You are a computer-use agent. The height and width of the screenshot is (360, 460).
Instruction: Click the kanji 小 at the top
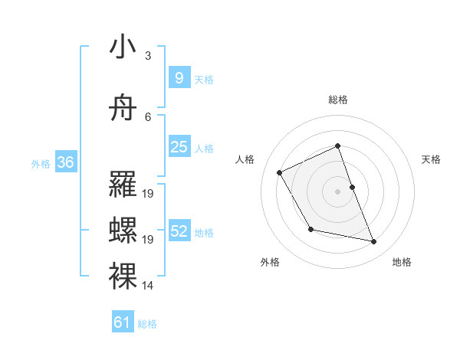tap(123, 47)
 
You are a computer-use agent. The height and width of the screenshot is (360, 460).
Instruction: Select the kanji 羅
tap(123, 185)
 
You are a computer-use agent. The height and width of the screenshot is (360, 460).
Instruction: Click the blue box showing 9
tap(179, 78)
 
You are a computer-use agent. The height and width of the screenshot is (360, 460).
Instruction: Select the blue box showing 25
tap(179, 147)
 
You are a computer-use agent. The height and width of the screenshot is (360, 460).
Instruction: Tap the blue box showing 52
tap(179, 231)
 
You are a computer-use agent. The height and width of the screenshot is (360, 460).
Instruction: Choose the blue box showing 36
tap(65, 162)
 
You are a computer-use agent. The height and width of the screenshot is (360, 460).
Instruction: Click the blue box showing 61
tap(123, 322)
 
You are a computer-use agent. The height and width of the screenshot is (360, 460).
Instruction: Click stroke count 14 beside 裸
tap(148, 286)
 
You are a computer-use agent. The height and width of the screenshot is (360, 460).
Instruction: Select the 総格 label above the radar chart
tap(337, 100)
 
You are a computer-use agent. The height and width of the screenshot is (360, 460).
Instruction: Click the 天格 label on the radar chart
tap(431, 159)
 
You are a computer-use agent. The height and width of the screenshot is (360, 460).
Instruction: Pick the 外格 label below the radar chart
tap(270, 262)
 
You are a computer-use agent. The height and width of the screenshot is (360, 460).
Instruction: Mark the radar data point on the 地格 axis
tap(374, 242)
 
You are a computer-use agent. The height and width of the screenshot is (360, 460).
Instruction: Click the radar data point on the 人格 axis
tap(280, 172)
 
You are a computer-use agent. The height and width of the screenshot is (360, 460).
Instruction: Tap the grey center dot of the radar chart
tap(337, 191)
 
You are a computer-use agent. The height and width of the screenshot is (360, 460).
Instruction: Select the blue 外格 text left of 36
tap(40, 163)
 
